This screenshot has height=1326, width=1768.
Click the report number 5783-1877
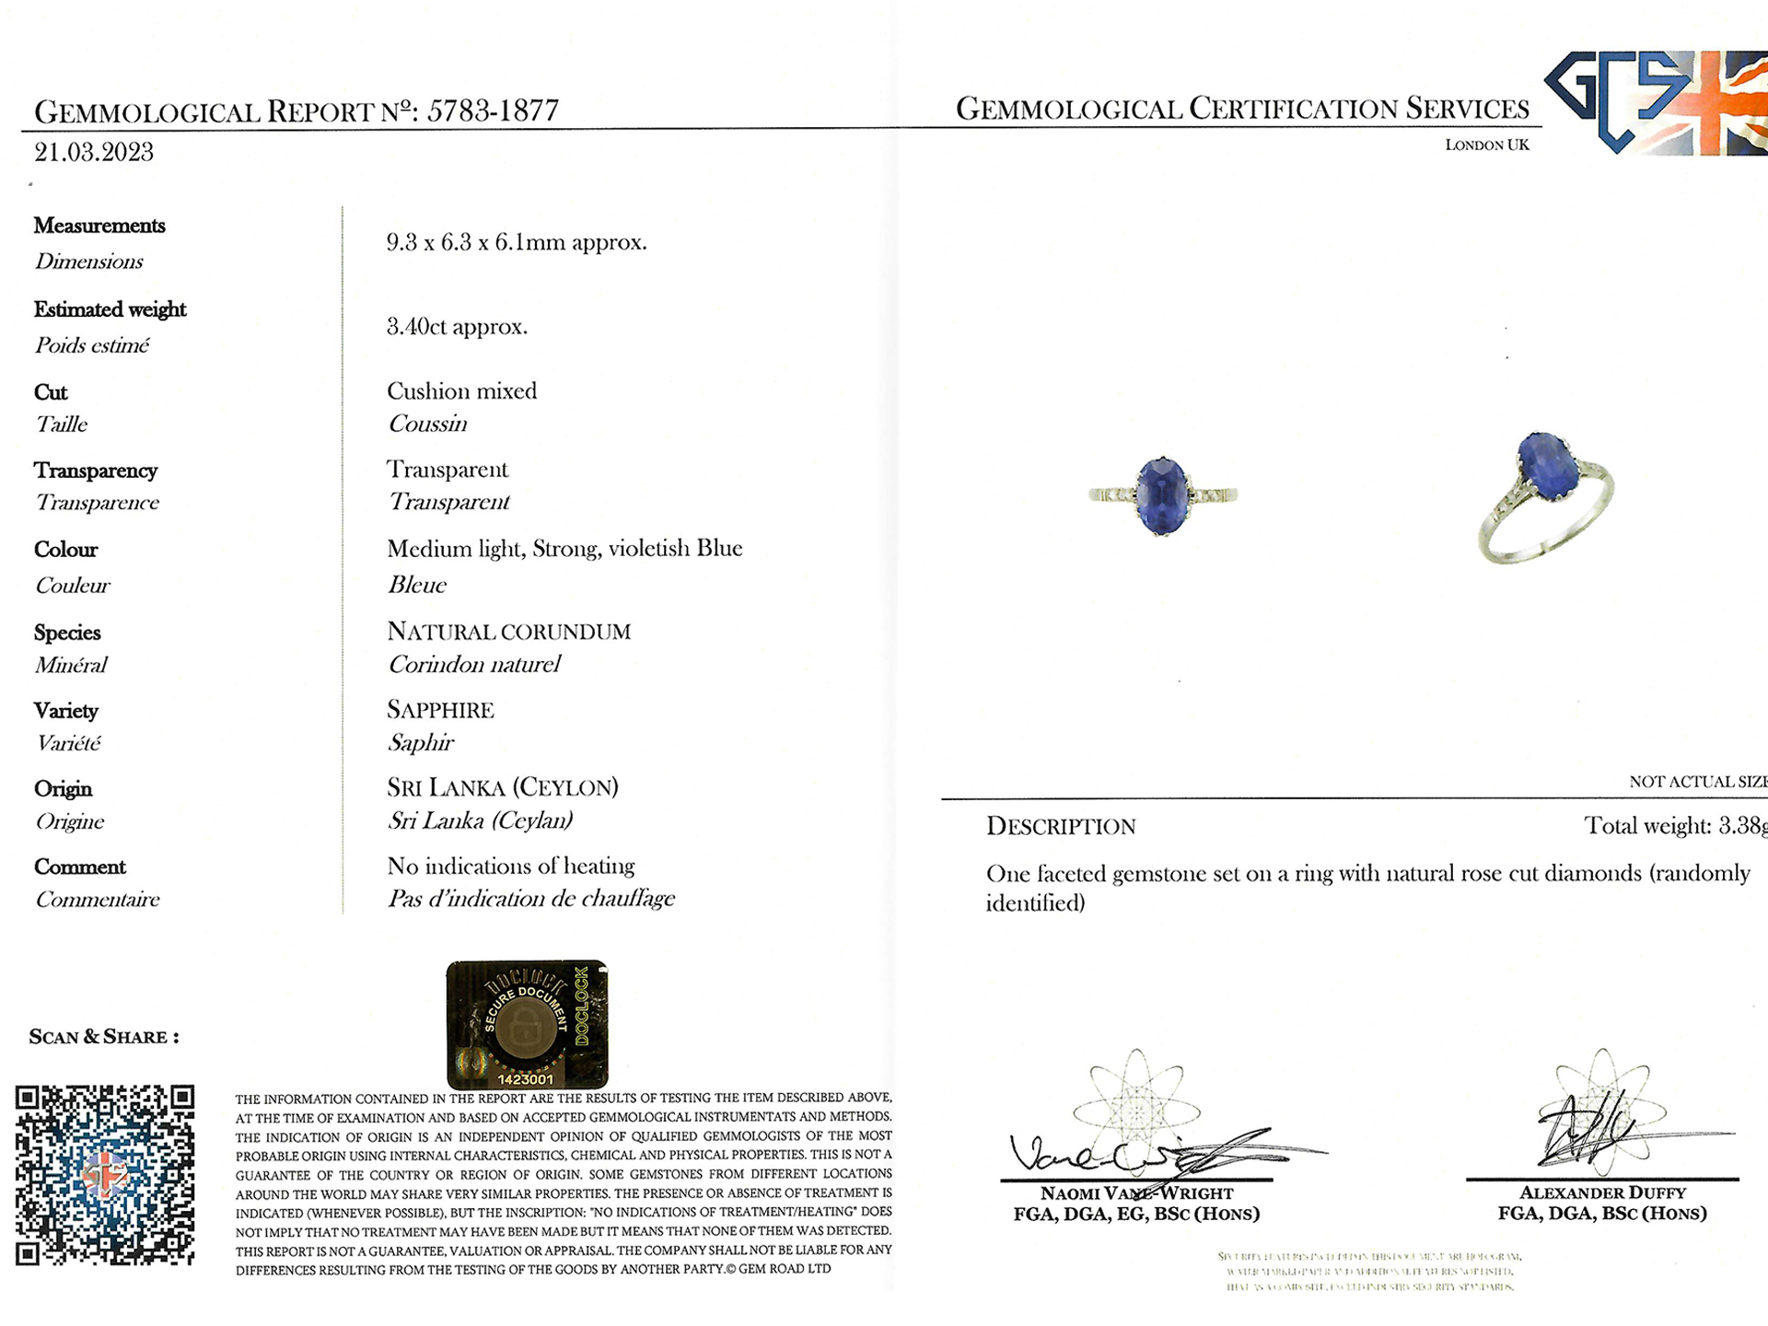pyautogui.click(x=493, y=111)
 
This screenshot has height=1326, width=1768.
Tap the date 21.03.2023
pyautogui.click(x=94, y=153)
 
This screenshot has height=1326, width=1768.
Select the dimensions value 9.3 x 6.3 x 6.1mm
pyautogui.click(x=516, y=243)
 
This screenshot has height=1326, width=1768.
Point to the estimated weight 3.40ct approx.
pyautogui.click(x=457, y=327)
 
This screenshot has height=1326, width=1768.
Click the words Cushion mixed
pyautogui.click(x=461, y=391)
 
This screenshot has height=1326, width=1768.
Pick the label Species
pyautogui.click(x=67, y=633)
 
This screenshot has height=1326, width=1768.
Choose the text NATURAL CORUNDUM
pyautogui.click(x=508, y=632)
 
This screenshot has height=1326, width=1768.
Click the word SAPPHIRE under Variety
pyautogui.click(x=440, y=710)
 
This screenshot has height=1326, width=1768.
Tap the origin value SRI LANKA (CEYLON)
pyautogui.click(x=503, y=788)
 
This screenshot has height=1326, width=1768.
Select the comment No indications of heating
pyautogui.click(x=511, y=867)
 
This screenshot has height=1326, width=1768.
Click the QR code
pyautogui.click(x=105, y=1175)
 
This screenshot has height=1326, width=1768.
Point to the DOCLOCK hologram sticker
pyautogui.click(x=527, y=1024)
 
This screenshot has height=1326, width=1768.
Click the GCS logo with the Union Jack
pyautogui.click(x=1655, y=101)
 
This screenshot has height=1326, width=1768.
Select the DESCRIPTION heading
pyautogui.click(x=1061, y=827)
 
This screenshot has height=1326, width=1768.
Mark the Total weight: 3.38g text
pyautogui.click(x=1674, y=826)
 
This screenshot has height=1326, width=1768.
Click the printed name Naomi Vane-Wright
pyautogui.click(x=1136, y=1193)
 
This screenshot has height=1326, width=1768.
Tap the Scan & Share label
pyautogui.click(x=104, y=1038)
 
